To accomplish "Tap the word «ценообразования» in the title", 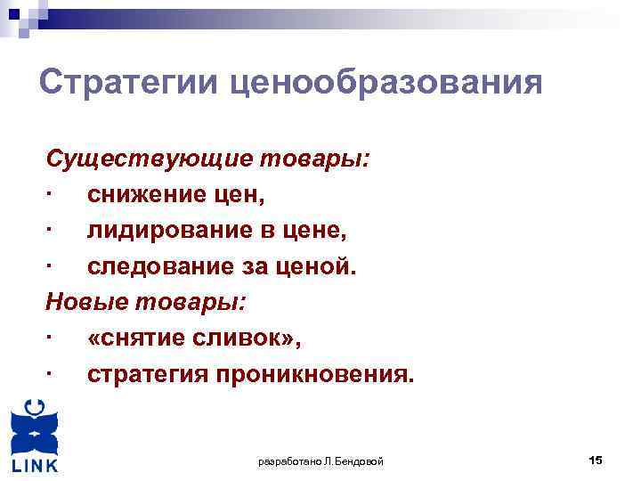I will point(385,85).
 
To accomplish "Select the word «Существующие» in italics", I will point(149,160).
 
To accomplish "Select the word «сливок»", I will point(250,338).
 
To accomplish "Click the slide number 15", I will point(596,460).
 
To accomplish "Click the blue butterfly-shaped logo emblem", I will point(35,428).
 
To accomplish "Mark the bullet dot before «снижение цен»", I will point(53,195).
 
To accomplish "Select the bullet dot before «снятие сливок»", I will point(53,338).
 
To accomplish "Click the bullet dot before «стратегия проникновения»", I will point(53,373).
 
